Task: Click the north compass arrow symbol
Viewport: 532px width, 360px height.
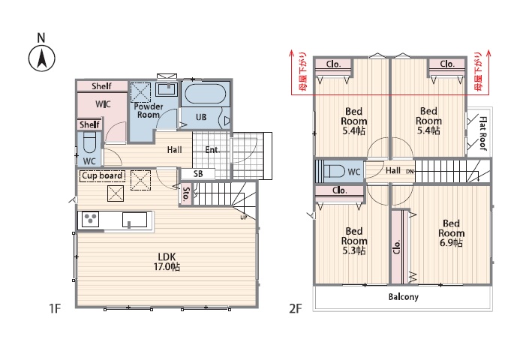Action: click(42, 58)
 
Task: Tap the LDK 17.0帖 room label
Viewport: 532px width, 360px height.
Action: click(167, 262)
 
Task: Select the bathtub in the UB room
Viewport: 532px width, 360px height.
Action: click(205, 94)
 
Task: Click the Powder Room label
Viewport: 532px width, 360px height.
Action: click(149, 110)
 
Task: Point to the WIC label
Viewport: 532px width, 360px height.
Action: click(103, 104)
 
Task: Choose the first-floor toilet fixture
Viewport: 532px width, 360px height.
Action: click(90, 143)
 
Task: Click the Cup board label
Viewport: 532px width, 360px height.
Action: click(102, 175)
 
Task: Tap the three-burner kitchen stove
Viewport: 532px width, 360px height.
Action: click(90, 219)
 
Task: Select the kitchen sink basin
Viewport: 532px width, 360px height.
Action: click(135, 220)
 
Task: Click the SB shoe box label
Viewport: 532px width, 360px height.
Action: click(198, 174)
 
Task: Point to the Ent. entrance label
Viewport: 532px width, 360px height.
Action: click(212, 150)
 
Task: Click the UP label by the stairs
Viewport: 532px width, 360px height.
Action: click(244, 217)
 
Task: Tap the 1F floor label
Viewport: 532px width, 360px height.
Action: click(55, 308)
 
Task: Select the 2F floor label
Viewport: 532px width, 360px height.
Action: click(295, 308)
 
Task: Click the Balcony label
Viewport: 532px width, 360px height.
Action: click(404, 297)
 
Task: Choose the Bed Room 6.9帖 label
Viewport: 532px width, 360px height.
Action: click(451, 233)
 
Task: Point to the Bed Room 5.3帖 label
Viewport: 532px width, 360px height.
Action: click(354, 241)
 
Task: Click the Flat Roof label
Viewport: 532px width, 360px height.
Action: click(482, 133)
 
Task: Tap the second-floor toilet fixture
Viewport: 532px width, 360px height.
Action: click(334, 171)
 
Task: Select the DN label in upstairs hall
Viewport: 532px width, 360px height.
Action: click(410, 172)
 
